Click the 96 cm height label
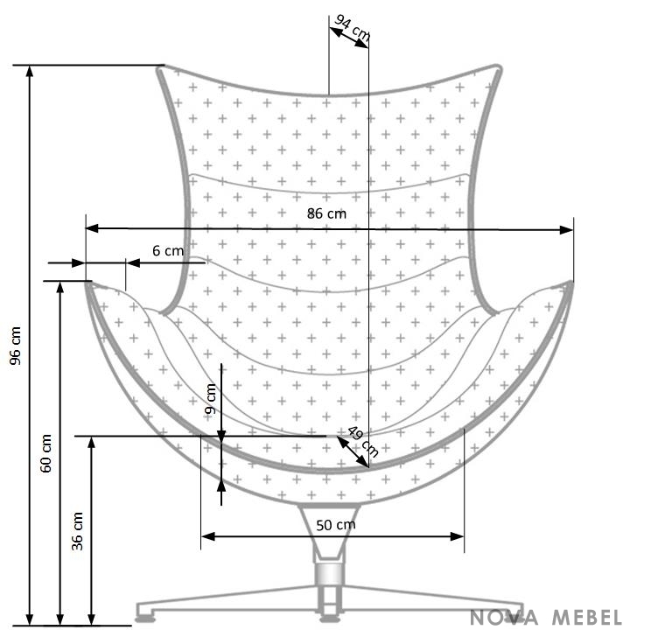[x=16, y=346]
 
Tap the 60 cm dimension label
[x=46, y=453]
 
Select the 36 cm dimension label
[x=78, y=531]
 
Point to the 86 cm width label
[x=326, y=213]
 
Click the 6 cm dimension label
[x=168, y=250]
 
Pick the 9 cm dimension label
[x=211, y=399]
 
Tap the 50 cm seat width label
[x=336, y=525]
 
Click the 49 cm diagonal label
[x=362, y=441]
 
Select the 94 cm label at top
[x=352, y=28]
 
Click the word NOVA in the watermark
[x=504, y=617]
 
